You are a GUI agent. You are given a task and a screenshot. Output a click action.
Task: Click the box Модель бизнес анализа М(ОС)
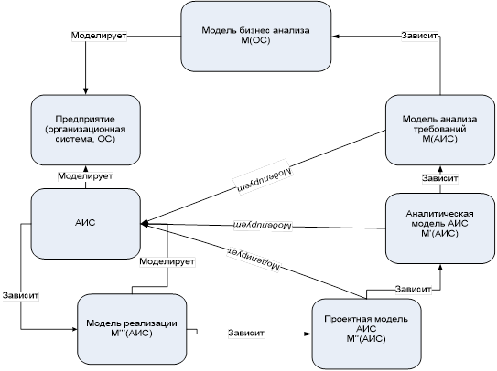pyautogui.click(x=256, y=37)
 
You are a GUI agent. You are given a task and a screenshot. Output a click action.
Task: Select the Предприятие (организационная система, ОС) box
pyautogui.click(x=86, y=130)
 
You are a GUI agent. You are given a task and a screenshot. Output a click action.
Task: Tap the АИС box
pyautogui.click(x=86, y=224)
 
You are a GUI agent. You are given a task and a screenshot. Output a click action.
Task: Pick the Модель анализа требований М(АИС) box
pyautogui.click(x=440, y=130)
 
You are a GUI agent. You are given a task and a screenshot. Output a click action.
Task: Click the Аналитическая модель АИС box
pyautogui.click(x=440, y=228)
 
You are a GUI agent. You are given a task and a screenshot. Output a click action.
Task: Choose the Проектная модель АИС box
pyautogui.click(x=366, y=334)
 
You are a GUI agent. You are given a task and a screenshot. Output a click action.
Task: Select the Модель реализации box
pyautogui.click(x=132, y=329)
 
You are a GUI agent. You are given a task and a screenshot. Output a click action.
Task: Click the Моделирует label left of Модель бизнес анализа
pyautogui.click(x=99, y=36)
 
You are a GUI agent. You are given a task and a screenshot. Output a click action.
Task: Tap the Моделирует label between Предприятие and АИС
pyautogui.click(x=85, y=176)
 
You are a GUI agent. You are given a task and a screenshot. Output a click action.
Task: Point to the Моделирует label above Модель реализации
pyautogui.click(x=167, y=261)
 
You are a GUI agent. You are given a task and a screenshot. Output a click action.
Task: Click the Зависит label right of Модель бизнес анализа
pyautogui.click(x=419, y=36)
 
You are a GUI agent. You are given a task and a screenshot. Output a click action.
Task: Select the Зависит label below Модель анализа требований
pyautogui.click(x=439, y=178)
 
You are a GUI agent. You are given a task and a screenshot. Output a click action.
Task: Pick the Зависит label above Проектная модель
pyautogui.click(x=413, y=289)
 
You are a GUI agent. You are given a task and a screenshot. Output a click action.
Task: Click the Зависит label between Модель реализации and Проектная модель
pyautogui.click(x=246, y=333)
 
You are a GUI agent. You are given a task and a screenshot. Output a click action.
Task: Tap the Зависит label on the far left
pyautogui.click(x=21, y=296)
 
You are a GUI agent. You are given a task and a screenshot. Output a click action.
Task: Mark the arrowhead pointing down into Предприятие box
pyautogui.click(x=86, y=91)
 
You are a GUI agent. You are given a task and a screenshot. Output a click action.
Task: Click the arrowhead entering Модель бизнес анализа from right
pyautogui.click(x=336, y=36)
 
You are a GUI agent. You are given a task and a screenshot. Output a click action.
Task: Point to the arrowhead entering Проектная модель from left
pyautogui.click(x=308, y=334)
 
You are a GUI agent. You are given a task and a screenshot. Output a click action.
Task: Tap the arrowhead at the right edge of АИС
pyautogui.click(x=145, y=224)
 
